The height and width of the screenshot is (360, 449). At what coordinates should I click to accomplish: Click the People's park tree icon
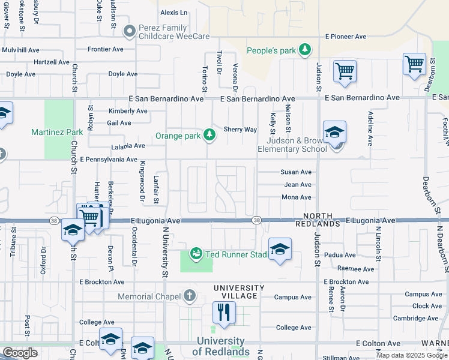pyautogui.click(x=306, y=49)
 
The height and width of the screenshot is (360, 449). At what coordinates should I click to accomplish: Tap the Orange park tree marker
pyautogui.click(x=209, y=135)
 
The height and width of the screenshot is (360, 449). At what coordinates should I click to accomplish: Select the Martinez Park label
pyautogui.click(x=58, y=132)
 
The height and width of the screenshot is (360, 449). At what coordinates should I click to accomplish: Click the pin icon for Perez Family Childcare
pyautogui.click(x=128, y=31)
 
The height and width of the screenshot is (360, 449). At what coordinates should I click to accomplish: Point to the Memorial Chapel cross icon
pyautogui.click(x=190, y=295)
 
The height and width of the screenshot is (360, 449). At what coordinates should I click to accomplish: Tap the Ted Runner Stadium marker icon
pyautogui.click(x=196, y=254)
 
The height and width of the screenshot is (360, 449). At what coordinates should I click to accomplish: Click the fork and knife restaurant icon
pyautogui.click(x=224, y=312)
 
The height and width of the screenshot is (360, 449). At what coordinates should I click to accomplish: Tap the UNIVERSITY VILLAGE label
pyautogui.click(x=239, y=292)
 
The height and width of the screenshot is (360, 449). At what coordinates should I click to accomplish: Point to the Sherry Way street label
pyautogui.click(x=240, y=129)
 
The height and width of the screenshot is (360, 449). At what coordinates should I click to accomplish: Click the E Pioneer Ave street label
pyautogui.click(x=345, y=37)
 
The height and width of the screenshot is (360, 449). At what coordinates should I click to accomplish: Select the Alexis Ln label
pyautogui.click(x=173, y=12)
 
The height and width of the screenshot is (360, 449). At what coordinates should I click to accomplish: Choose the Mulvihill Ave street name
pyautogui.click(x=28, y=49)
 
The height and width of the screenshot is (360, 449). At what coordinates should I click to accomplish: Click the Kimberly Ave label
pyautogui.click(x=127, y=111)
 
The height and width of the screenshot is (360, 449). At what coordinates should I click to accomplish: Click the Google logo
pyautogui.click(x=20, y=353)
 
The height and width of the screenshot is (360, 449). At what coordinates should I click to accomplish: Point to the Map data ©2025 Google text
pyautogui.click(x=411, y=355)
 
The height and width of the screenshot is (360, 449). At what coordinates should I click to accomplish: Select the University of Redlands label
pyautogui.click(x=221, y=346)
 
